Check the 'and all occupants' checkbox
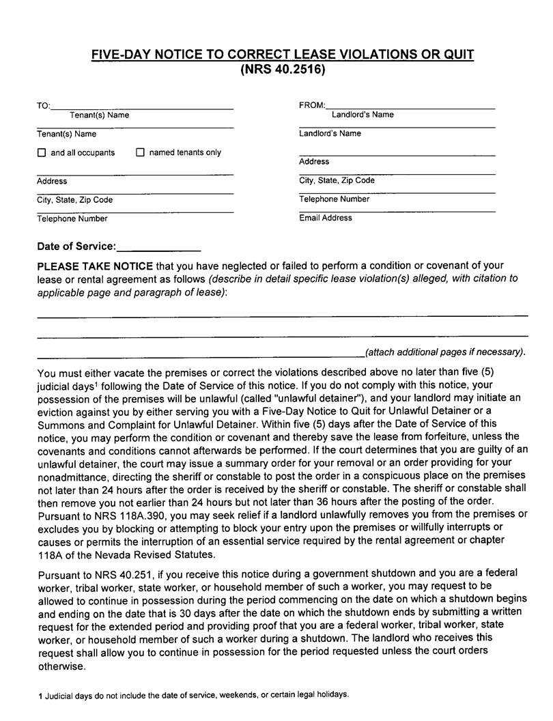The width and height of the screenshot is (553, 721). pos(42,153)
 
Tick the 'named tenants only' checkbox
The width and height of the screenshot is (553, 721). pos(141,153)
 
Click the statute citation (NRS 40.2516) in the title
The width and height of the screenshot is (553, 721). pos(283,70)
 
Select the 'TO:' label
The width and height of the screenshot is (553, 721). pos(43,106)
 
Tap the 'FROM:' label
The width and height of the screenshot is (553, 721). pos(312,106)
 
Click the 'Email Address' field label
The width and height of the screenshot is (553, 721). pos(326,218)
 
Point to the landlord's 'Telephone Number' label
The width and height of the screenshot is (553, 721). pos(334,199)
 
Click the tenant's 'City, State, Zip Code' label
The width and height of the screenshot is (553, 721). pos(74,200)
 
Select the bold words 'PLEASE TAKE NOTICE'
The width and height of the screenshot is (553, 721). pos(95,265)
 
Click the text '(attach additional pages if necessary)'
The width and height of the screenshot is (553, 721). pos(446,352)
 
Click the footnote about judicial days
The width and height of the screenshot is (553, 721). pos(193,694)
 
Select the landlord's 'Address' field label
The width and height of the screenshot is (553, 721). pos(313,162)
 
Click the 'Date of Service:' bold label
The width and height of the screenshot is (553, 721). pos(76,246)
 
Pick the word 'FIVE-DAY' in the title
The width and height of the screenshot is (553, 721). pos(121,55)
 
